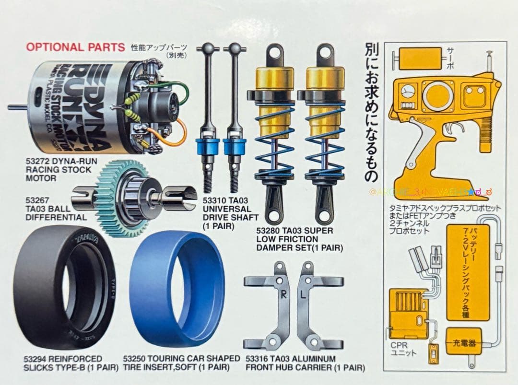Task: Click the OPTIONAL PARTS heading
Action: coord(75,47)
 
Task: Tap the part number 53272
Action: coord(37,161)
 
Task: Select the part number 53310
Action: coord(214,201)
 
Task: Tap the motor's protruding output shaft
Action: coord(17,107)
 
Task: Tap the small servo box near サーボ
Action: coord(416,58)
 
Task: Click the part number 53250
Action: coord(134,359)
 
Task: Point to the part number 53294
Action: coord(36,359)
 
